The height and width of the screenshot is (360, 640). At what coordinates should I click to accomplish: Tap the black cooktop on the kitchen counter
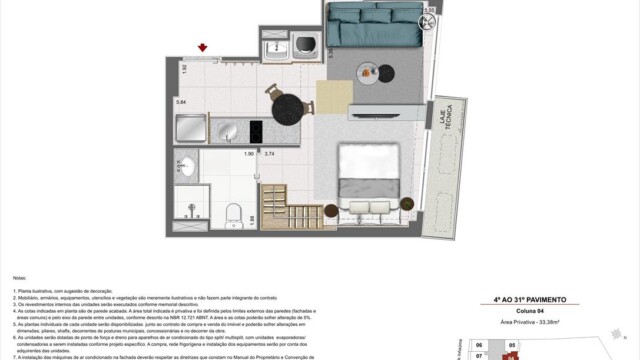[x=255, y=130]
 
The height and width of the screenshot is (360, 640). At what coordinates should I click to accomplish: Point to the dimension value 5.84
[x=181, y=102]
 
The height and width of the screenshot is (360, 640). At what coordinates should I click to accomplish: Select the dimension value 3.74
[x=269, y=154]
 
